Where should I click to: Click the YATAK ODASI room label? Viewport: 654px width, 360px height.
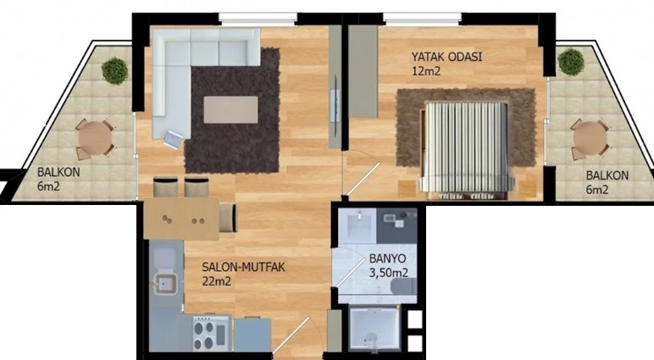(x=446, y=57)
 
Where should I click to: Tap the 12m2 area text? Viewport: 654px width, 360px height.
(x=426, y=71)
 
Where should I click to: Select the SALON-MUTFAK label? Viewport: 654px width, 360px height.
(x=244, y=267)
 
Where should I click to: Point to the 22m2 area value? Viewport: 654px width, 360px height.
(x=217, y=281)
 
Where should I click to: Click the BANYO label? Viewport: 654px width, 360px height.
(x=387, y=258)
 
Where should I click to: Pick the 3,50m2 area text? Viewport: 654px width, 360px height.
(x=389, y=274)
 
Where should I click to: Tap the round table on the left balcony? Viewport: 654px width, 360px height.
(x=95, y=138)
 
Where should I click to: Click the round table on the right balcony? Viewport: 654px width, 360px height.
(x=590, y=138)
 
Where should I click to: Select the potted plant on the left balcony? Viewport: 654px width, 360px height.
(x=114, y=71)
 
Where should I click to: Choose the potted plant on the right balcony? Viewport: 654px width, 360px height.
(x=571, y=62)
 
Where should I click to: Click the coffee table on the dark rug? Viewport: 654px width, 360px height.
(x=230, y=110)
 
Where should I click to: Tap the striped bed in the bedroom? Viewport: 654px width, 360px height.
(x=466, y=148)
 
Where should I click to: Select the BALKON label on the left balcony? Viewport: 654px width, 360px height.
(x=58, y=172)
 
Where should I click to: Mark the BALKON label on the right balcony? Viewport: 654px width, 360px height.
(x=607, y=175)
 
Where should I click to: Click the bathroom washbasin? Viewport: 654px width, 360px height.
(x=357, y=224)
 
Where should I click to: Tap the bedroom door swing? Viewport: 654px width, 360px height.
(x=362, y=179)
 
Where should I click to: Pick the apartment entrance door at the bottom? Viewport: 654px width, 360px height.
(x=292, y=337)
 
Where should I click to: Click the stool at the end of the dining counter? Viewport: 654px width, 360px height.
(x=228, y=218)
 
